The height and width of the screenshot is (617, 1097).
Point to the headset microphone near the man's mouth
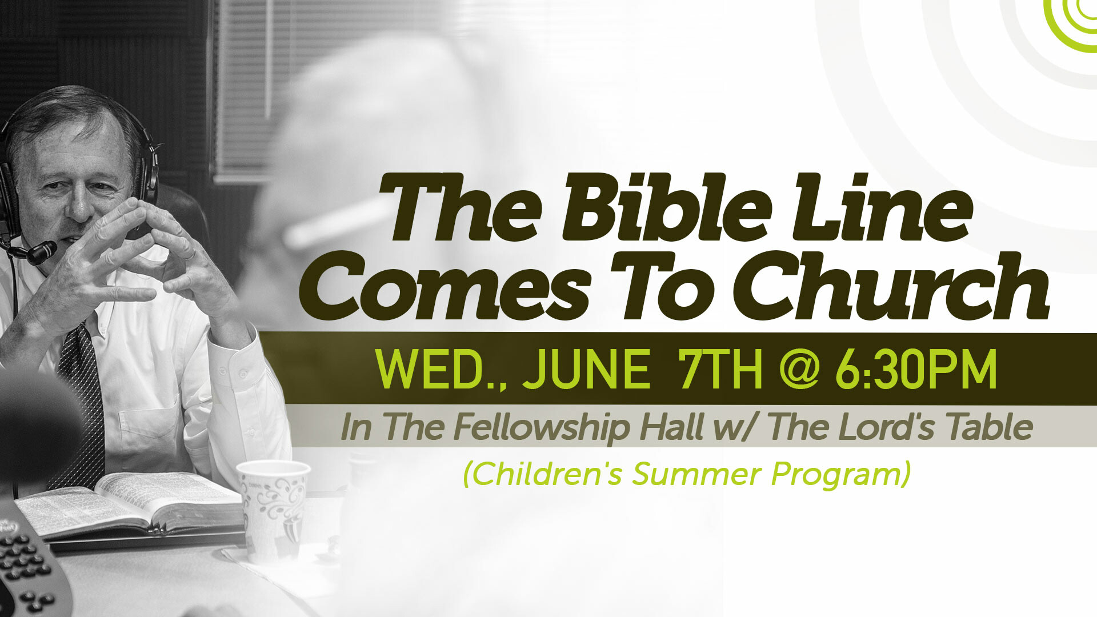click(x=40, y=252)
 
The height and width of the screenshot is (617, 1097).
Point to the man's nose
click(x=80, y=206)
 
